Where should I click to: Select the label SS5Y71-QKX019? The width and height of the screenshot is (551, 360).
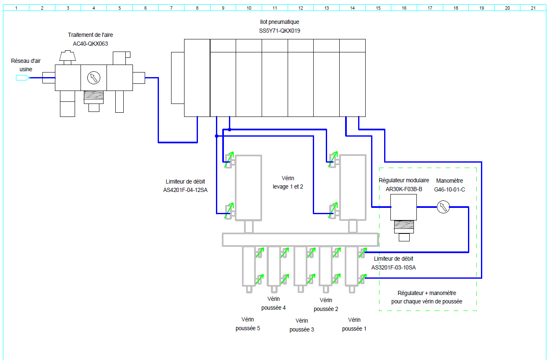coord(280,31)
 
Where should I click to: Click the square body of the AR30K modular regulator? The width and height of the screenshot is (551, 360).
coord(403,207)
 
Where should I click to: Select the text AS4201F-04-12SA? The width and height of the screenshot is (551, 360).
coord(185,190)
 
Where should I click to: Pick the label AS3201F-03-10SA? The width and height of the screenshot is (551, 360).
coord(393,267)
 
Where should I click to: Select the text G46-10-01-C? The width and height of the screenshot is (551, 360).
coord(450,189)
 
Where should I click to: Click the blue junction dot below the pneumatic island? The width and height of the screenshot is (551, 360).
coord(216,136)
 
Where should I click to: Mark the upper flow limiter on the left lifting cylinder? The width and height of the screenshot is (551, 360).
coord(229,160)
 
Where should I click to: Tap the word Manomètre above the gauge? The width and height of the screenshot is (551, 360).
coord(450,181)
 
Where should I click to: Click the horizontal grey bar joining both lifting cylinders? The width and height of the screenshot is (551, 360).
coord(300,240)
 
